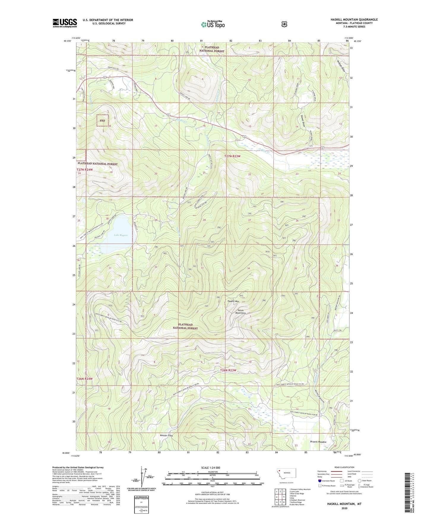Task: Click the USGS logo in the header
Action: pyautogui.click(x=65, y=23)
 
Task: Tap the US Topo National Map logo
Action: pyautogui.click(x=213, y=24)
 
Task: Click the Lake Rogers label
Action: pyautogui.click(x=121, y=235)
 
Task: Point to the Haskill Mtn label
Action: pyautogui.click(x=233, y=301)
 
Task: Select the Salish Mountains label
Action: pyautogui.click(x=240, y=311)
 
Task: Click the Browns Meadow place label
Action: pyautogui.click(x=318, y=442)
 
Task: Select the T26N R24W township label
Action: pyautogui.click(x=85, y=379)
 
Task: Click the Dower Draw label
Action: pyautogui.click(x=303, y=121)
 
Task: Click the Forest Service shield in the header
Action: pyautogui.click(x=284, y=24)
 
